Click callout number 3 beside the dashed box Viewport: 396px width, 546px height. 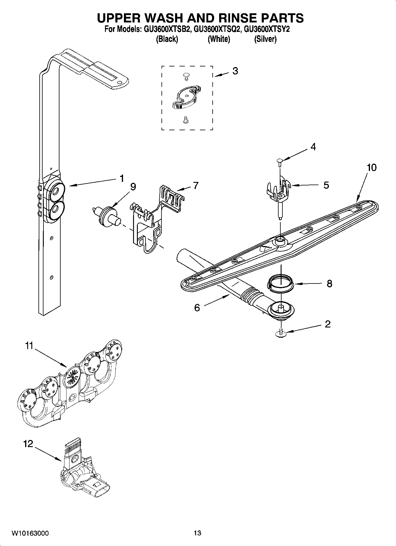click(235, 71)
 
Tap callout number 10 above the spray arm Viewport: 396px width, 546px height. click(371, 167)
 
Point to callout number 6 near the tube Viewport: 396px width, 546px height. click(197, 308)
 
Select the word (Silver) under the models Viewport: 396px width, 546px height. click(265, 39)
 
